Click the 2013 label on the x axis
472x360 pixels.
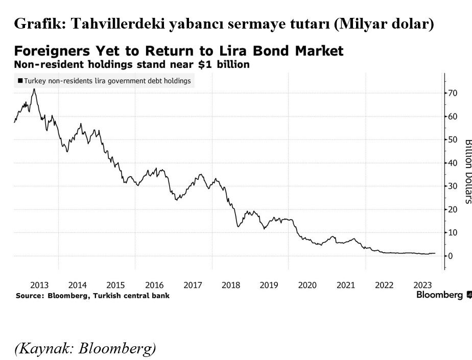pos(39,285)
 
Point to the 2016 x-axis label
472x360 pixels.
pos(154,285)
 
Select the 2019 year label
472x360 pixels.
pos(269,285)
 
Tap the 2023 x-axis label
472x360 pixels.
pos(423,285)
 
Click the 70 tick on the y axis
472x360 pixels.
pos(453,93)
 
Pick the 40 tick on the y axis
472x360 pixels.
pos(453,163)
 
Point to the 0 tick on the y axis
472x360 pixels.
pos(451,256)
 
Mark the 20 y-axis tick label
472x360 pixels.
pos(453,209)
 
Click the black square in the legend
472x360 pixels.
pos(20,81)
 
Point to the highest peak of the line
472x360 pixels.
pos(34,89)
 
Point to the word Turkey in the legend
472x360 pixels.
pos(34,81)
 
